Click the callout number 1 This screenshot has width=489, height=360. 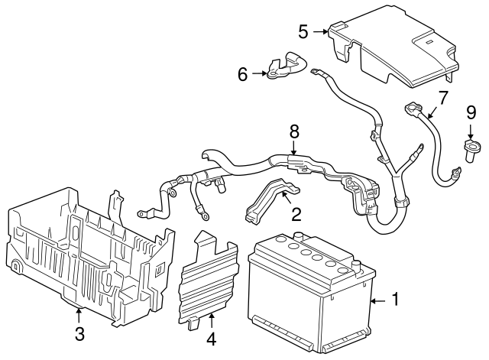(x=395, y=300)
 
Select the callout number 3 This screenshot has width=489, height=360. (x=79, y=334)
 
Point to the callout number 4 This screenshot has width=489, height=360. (x=211, y=337)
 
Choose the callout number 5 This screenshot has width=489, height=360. (x=303, y=31)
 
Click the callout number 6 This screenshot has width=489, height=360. (x=243, y=74)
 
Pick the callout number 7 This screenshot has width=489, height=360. (x=441, y=97)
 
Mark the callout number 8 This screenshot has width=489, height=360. (x=293, y=131)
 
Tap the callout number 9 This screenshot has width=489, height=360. (x=471, y=113)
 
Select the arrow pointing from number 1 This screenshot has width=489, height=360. (x=378, y=301)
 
